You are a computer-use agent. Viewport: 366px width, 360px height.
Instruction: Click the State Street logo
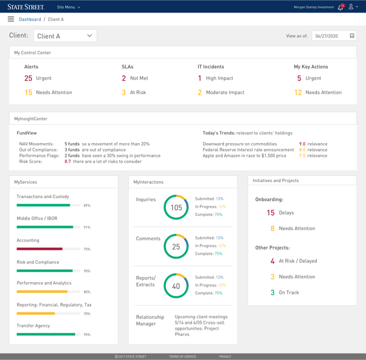(x=26, y=7)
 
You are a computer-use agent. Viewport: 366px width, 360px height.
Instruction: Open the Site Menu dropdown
(x=69, y=7)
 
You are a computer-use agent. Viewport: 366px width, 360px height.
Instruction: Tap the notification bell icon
(x=340, y=7)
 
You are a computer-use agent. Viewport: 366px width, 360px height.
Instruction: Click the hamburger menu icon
(x=11, y=19)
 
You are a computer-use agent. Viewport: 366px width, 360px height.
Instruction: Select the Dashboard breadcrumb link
(x=30, y=19)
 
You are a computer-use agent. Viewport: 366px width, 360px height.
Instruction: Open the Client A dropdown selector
(x=65, y=36)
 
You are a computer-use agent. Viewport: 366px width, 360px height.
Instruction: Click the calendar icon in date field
(x=352, y=36)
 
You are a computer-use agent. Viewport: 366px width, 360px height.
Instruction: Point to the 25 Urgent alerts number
(x=28, y=78)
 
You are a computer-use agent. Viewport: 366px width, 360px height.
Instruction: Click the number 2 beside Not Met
(x=124, y=78)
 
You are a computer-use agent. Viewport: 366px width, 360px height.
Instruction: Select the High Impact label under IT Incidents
(x=219, y=78)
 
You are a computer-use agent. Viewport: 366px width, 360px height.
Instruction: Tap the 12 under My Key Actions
(x=298, y=93)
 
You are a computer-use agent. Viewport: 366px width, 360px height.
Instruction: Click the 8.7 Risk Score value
(x=67, y=162)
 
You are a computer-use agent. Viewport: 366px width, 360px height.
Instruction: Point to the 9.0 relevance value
(x=302, y=144)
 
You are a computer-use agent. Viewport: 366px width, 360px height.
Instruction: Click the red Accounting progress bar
(x=39, y=249)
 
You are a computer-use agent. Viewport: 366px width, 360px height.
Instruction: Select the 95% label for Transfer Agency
(x=87, y=335)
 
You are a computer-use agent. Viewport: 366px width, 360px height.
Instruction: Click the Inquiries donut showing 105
(x=176, y=207)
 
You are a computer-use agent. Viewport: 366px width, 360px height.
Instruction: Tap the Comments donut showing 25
(x=176, y=247)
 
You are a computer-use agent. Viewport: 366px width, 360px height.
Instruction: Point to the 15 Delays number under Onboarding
(x=270, y=213)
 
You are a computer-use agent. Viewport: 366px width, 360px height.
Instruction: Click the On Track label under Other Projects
(x=289, y=292)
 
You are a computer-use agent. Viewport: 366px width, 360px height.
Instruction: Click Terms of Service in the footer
(x=182, y=357)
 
